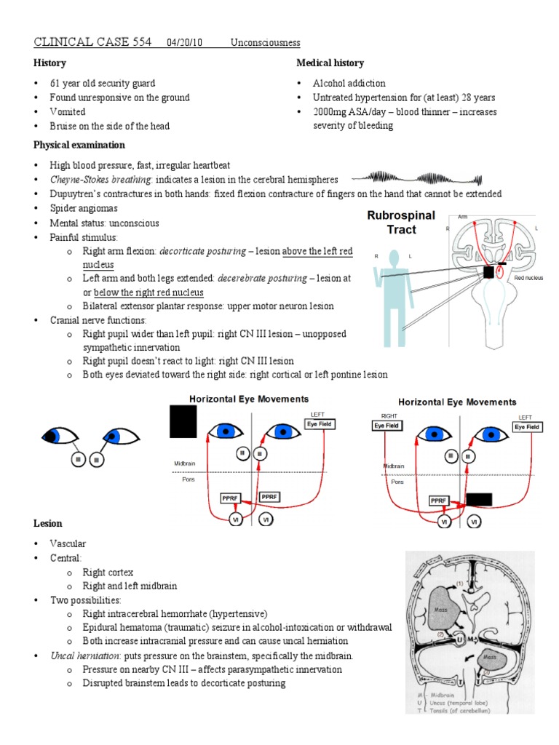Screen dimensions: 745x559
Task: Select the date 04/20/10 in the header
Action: pos(187,43)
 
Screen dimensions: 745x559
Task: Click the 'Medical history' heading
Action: pos(330,63)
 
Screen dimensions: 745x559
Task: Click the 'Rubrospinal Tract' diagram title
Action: pos(401,223)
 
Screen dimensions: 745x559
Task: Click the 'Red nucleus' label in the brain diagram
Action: pos(529,277)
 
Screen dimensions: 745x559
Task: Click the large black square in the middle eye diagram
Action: pos(183,422)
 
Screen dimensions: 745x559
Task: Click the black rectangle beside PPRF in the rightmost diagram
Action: pos(479,499)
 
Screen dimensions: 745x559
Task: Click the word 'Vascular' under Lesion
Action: pos(68,543)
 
